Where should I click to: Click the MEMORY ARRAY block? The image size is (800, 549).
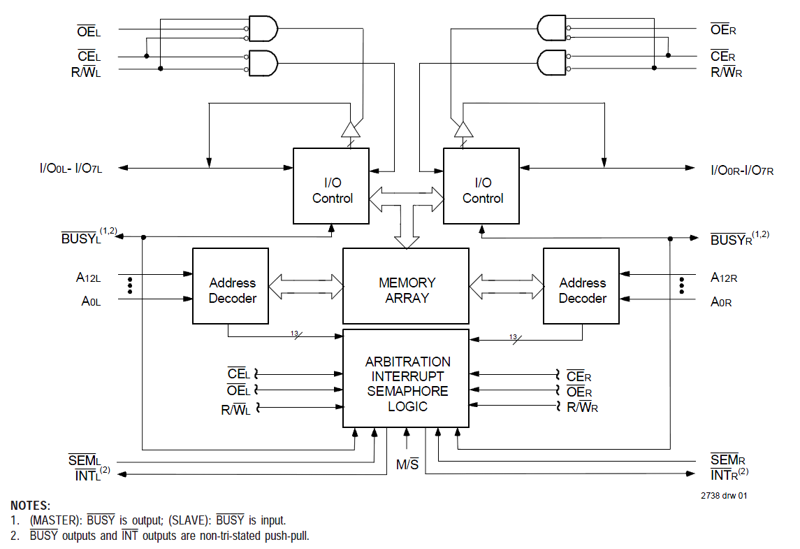pyautogui.click(x=406, y=290)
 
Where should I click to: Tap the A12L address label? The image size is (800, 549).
pyautogui.click(x=89, y=278)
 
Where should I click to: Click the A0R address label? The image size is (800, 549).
pyautogui.click(x=722, y=302)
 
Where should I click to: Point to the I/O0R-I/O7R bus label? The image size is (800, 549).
pyautogui.click(x=742, y=170)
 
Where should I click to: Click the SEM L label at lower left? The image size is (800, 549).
pyautogui.click(x=85, y=461)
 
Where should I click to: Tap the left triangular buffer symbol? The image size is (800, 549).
pyautogui.click(x=350, y=129)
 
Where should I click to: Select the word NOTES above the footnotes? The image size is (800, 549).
pyautogui.click(x=31, y=506)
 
